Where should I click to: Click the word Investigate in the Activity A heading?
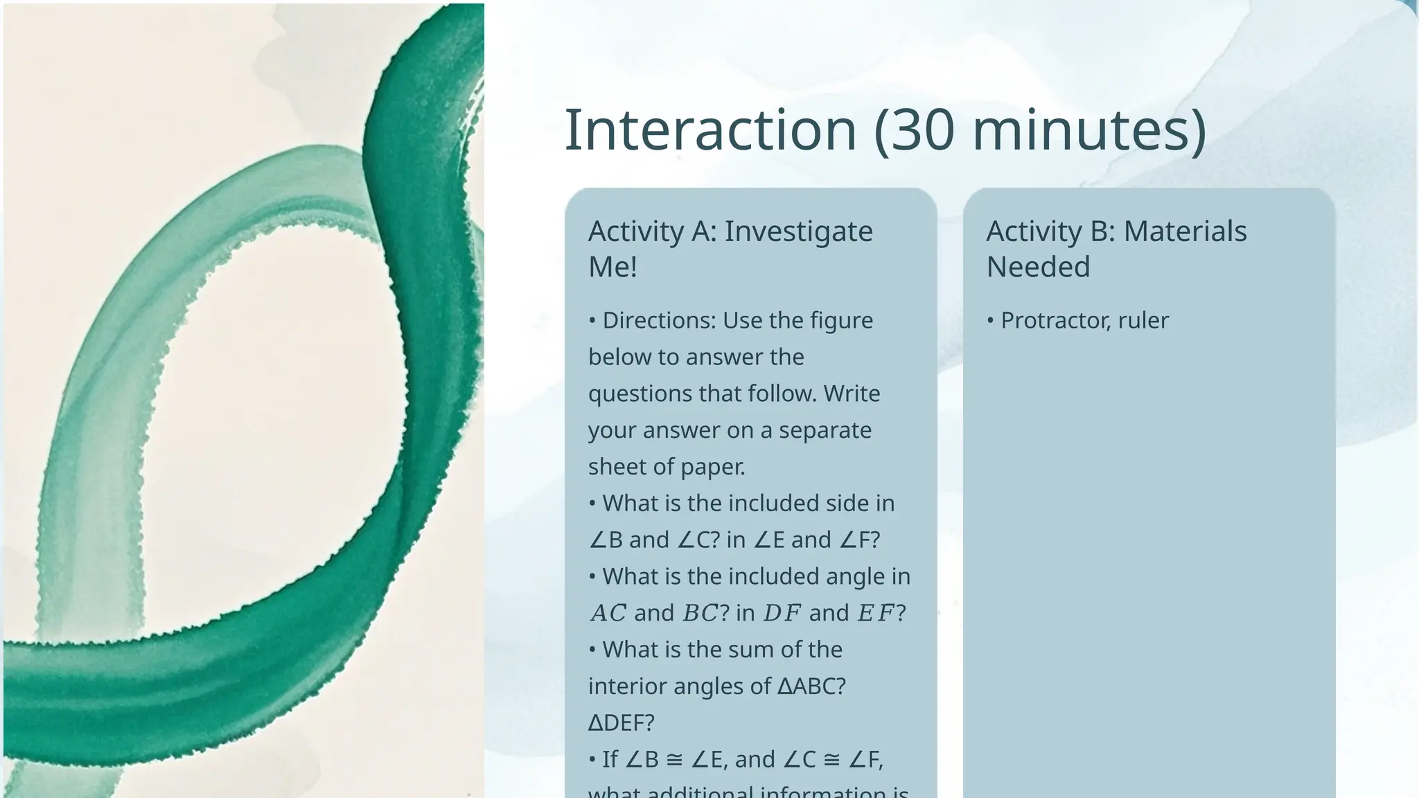[x=798, y=231]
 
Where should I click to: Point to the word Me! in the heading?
[x=612, y=267]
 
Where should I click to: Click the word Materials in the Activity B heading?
[x=1185, y=231]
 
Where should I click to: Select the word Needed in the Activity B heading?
[x=1038, y=267]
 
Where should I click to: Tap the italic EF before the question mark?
[x=876, y=613]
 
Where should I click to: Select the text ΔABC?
[x=811, y=686]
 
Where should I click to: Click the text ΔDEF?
[x=621, y=723]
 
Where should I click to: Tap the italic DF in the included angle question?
[x=782, y=613]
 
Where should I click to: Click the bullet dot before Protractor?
[x=991, y=321]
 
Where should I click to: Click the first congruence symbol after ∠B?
[x=674, y=760]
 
